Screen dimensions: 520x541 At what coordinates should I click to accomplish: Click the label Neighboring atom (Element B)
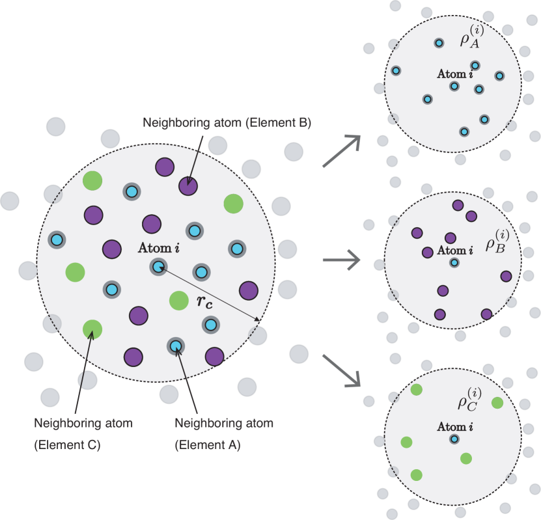227,122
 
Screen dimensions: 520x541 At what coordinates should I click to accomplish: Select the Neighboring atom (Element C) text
83,433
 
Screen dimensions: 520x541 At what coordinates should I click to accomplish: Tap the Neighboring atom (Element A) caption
224,433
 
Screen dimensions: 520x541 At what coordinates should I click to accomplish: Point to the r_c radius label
206,301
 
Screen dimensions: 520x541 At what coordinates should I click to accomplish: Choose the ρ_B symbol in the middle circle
498,241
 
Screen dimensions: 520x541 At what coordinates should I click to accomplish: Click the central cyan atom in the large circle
158,266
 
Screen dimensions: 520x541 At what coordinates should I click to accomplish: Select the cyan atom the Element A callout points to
175,346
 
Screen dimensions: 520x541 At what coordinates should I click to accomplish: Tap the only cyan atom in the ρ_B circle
454,262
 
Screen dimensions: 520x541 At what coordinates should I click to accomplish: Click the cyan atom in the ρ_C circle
454,439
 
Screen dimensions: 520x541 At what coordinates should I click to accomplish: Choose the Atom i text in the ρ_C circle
454,426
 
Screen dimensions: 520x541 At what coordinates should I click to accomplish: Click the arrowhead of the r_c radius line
258,320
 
